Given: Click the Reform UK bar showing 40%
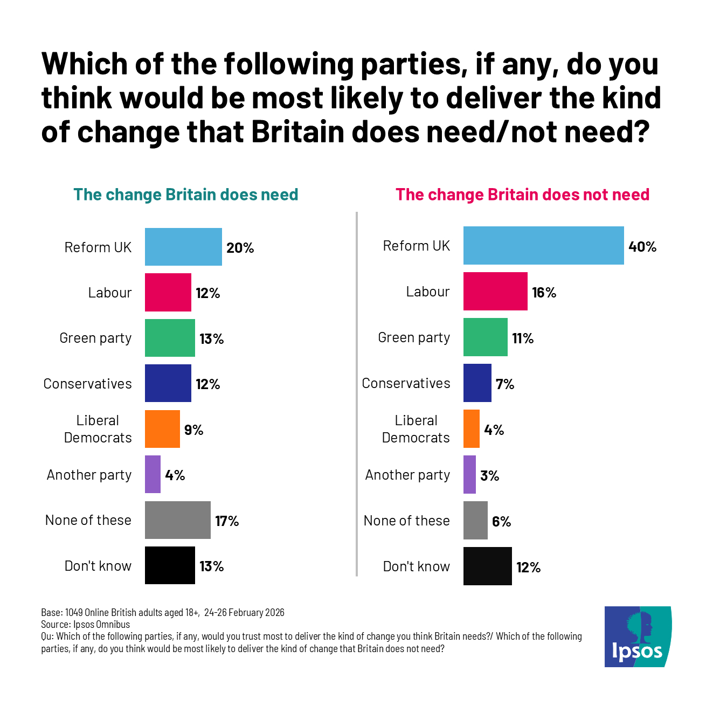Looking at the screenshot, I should (543, 246).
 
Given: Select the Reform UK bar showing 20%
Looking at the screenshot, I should (183, 247).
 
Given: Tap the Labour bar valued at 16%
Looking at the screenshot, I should (495, 292).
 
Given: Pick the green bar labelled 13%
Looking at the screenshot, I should (170, 338).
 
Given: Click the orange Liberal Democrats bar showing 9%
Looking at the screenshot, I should (162, 429).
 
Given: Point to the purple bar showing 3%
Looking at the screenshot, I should (469, 475).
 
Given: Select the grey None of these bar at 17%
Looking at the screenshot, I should (178, 520).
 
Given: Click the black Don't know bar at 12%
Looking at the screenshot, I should (487, 566).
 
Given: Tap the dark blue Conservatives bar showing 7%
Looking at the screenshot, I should (477, 383).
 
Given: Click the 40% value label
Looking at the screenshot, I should (642, 247).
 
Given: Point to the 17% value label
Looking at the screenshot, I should (227, 521).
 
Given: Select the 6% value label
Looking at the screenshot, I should (501, 522).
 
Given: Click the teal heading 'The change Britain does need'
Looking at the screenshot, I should (185, 195).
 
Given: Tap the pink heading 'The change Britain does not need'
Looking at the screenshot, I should (522, 195).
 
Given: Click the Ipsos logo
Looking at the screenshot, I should (638, 636).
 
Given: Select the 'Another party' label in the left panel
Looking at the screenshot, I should (89, 475).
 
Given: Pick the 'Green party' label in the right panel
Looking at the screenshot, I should (414, 338).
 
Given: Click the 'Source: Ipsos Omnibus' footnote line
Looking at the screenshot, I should (85, 625).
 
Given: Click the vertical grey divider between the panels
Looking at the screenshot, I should (357, 393).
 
